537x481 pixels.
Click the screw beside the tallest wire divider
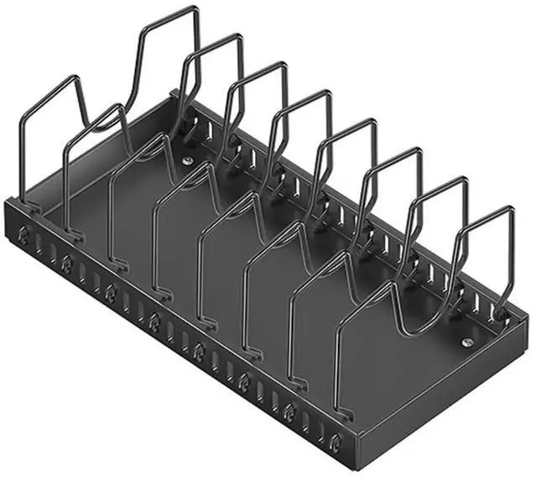(x=187, y=159)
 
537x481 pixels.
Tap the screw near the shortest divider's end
(x=467, y=342)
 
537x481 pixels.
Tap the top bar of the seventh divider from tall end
(x=438, y=184)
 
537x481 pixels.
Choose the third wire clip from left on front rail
(x=110, y=292)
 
